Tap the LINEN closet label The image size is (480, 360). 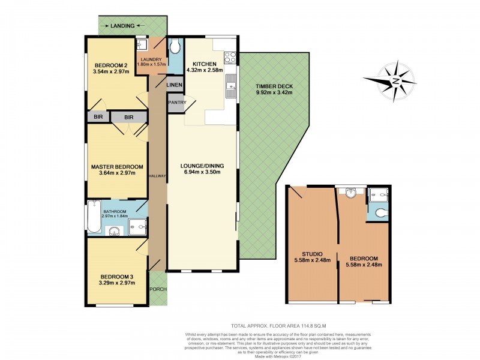pos(174,85)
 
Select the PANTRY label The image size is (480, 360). pos(177,103)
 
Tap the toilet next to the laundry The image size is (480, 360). pos(175,47)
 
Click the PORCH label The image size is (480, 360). pos(158,289)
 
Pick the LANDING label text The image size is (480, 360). pos(122,26)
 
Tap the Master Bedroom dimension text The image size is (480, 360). pos(118,173)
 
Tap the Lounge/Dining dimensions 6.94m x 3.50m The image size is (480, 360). pos(202,172)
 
